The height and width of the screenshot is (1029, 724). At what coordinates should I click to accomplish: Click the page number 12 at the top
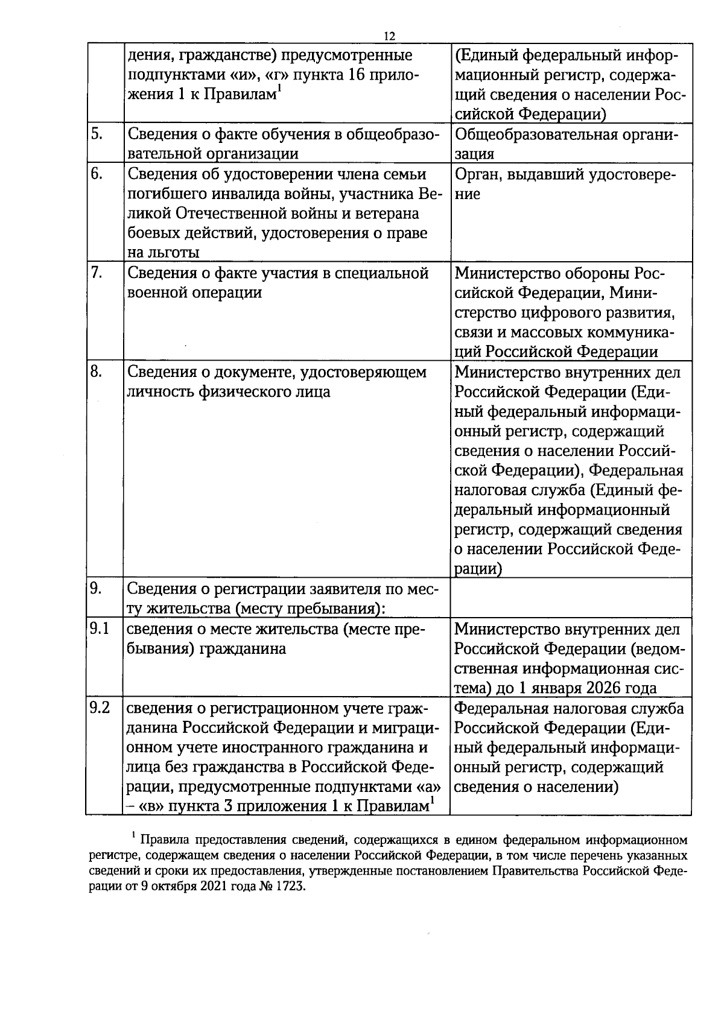389,36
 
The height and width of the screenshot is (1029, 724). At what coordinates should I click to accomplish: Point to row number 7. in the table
96,273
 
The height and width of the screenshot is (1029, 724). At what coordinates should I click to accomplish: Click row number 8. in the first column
97,372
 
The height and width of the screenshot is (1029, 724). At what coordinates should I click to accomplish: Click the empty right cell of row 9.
570,597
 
